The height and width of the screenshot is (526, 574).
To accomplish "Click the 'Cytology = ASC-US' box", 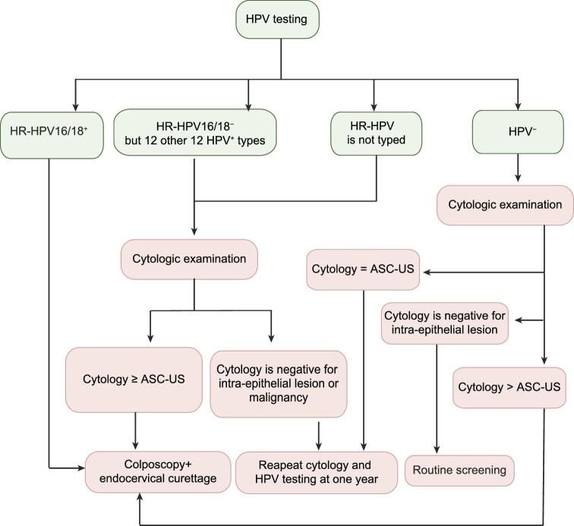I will [363, 271].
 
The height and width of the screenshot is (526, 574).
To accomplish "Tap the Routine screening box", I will [459, 470].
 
